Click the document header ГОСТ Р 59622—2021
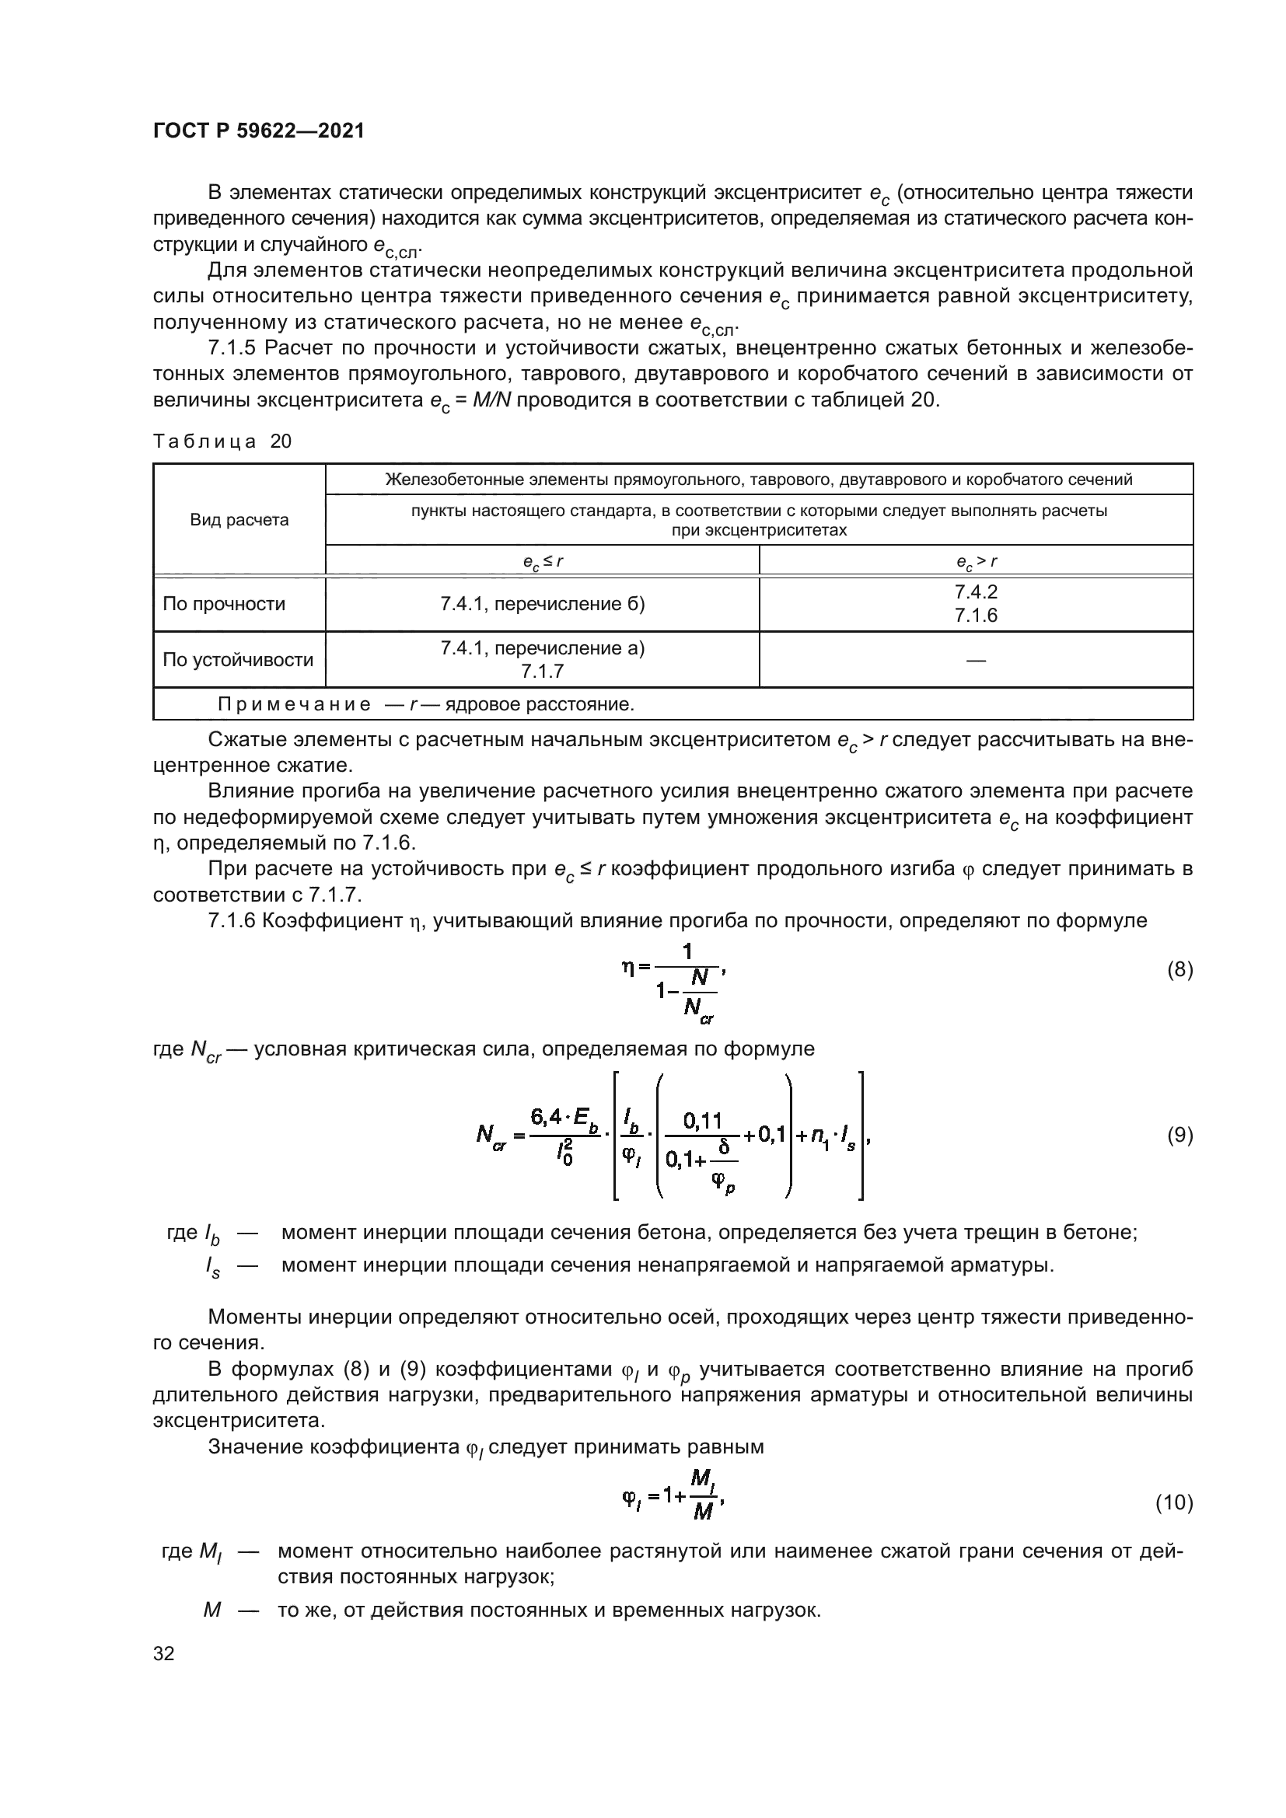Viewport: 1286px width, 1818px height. pos(258,131)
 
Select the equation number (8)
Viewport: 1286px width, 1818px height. pos(1179,969)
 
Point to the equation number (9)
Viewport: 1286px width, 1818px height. pos(1179,1136)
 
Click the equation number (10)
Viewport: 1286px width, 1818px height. pos(1173,1502)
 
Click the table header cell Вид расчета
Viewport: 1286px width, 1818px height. pos(239,520)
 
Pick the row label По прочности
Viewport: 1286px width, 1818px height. pos(223,604)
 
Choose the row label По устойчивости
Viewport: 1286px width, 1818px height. pos(238,660)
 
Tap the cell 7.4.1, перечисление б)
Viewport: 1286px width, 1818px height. pos(543,604)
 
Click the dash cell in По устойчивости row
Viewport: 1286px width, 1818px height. pos(976,660)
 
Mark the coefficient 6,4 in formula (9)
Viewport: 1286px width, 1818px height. pos(547,1117)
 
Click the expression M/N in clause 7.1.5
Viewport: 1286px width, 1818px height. pos(492,400)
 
